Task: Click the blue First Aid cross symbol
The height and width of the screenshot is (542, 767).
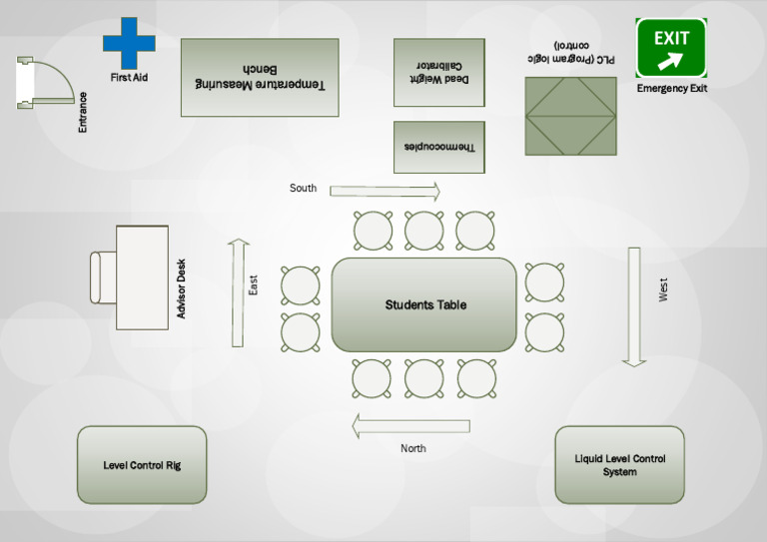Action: [129, 43]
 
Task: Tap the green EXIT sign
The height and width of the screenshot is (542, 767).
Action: [671, 47]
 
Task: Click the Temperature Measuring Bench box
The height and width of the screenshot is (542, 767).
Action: [260, 78]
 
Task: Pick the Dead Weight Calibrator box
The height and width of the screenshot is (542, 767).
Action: [438, 72]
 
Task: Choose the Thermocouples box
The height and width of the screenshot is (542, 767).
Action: [438, 147]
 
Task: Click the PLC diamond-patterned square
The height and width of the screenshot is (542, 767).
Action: [570, 116]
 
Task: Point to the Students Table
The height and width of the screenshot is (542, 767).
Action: [424, 304]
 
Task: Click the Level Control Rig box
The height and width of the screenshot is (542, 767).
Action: [142, 465]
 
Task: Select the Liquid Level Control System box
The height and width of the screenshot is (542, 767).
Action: [619, 465]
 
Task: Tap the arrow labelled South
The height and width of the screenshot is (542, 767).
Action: [384, 192]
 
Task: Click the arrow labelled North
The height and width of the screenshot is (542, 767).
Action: [410, 427]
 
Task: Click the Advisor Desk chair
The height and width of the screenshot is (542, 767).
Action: [99, 277]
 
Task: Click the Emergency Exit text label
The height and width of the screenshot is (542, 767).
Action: [671, 89]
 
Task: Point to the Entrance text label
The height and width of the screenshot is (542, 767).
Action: [83, 112]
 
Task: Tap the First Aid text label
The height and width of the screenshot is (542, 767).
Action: [129, 77]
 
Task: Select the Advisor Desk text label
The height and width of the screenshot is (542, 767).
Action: [182, 289]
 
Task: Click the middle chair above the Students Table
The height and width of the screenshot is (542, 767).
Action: [423, 231]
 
